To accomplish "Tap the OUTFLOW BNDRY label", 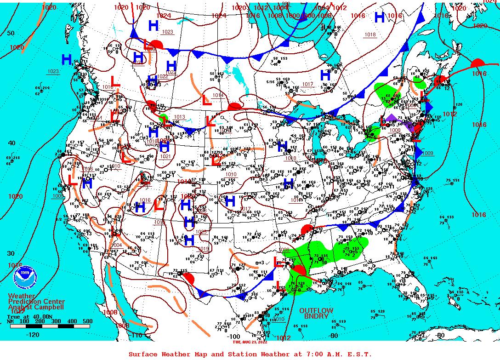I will point(316,314).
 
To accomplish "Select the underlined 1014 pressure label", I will point(218,95).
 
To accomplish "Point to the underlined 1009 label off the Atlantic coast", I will point(427,153).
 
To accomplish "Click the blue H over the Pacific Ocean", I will point(67,59).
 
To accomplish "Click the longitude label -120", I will point(33,335).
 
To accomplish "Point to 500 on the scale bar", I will point(87,321).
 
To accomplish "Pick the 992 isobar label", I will point(286,4).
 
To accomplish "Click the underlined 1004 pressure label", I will point(116,245).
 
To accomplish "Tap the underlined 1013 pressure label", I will point(179,117).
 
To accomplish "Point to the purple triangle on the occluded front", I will point(391,117).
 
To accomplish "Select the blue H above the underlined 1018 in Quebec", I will point(380,17).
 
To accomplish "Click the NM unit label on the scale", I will point(10,321).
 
